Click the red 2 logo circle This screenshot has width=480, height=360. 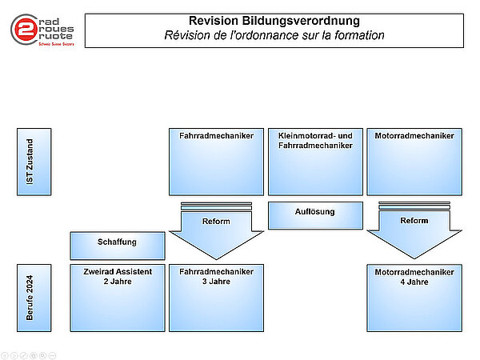(x=22, y=29)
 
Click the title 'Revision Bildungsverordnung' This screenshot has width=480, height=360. (x=274, y=21)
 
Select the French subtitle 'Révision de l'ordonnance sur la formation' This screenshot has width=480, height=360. (x=274, y=35)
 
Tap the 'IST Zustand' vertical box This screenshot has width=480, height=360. (x=34, y=161)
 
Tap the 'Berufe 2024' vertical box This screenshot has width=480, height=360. (x=34, y=297)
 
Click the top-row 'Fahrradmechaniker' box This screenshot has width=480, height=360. (x=216, y=161)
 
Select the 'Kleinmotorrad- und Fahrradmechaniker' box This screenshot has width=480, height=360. (x=315, y=161)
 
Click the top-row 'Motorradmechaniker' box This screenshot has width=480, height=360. (x=414, y=161)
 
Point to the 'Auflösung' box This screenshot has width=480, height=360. (x=315, y=214)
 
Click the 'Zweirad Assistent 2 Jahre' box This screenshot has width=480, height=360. (x=118, y=297)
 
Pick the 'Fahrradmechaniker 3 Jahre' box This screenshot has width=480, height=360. (x=216, y=297)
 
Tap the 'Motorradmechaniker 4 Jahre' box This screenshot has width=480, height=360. (x=414, y=297)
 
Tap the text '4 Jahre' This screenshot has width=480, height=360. (x=414, y=282)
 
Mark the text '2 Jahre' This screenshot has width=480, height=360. (x=118, y=282)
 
